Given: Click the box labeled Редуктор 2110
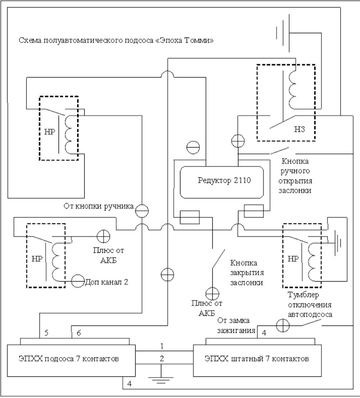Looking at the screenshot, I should [222, 181].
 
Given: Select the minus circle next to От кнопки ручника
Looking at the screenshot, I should [141, 211].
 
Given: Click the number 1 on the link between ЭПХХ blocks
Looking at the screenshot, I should [162, 345].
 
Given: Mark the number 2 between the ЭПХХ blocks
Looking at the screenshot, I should [162, 357].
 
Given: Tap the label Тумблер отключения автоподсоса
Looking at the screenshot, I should [310, 304].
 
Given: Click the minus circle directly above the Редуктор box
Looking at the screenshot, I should [193, 147].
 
